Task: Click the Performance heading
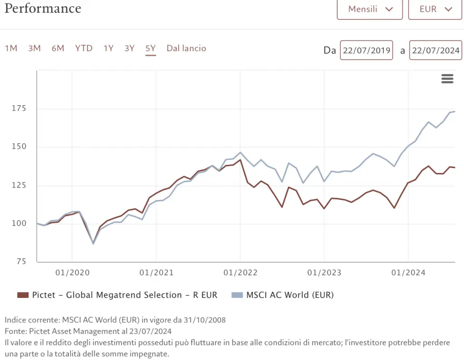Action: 43,8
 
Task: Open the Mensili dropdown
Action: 370,9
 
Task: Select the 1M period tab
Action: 11,48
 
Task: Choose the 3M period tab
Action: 34,48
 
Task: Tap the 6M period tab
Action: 58,48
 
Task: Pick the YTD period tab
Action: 84,48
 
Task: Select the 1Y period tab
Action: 108,48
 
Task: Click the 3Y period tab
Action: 130,48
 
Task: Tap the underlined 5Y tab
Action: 151,48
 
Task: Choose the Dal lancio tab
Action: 186,48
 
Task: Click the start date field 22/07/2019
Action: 367,50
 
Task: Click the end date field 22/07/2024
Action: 435,50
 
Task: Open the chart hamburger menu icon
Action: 447,79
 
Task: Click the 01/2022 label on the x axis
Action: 240,273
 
